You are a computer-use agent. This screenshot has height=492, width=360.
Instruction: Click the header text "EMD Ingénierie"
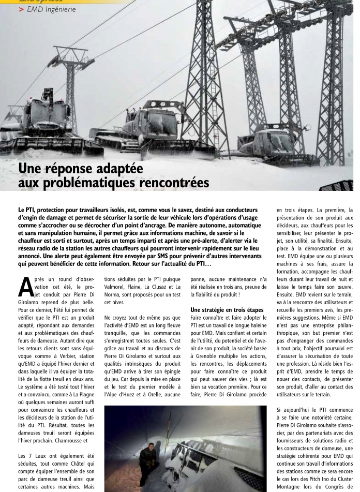pyautogui.click(x=51, y=9)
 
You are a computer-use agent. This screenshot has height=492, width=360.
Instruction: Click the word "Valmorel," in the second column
pyautogui.click(x=117, y=286)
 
